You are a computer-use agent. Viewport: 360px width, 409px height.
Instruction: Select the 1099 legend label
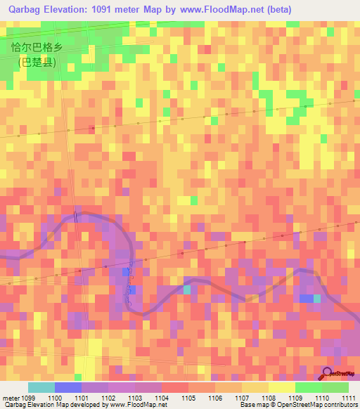[x=27, y=398]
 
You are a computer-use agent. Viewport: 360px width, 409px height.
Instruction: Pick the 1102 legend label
[x=108, y=398]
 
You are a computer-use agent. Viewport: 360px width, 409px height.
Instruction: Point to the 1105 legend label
[x=189, y=398]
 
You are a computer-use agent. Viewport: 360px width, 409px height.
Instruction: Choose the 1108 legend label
[x=269, y=398]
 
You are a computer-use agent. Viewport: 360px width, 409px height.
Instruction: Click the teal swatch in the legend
[x=41, y=387]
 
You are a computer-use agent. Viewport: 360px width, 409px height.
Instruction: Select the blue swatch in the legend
[x=67, y=387]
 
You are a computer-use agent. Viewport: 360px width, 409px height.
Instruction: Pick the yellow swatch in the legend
[x=281, y=387]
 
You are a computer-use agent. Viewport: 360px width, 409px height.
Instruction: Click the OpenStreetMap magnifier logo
[x=328, y=373]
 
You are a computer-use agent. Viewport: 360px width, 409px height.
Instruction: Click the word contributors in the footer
[x=340, y=405]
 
